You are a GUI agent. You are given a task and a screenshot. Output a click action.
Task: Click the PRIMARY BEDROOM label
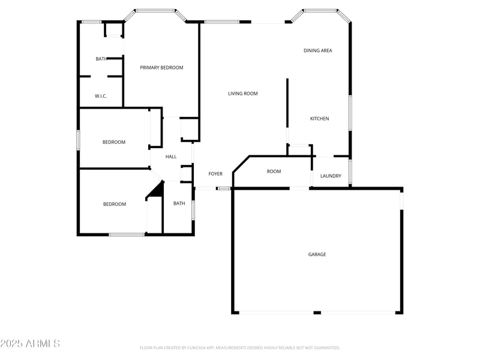pos(161,68)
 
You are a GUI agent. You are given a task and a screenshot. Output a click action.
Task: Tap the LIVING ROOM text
pos(242,94)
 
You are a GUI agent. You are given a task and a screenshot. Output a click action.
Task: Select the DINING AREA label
pos(317,51)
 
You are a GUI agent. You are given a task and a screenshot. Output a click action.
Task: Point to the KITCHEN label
pos(319,119)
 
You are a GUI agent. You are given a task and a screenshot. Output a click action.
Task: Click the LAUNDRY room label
pos(331,176)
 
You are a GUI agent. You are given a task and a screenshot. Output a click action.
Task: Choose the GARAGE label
pos(317,254)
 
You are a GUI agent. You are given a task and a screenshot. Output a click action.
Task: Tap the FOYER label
pos(215,174)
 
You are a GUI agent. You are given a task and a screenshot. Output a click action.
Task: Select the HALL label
pos(171,157)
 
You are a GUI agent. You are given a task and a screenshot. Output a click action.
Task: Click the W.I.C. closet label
pos(101,96)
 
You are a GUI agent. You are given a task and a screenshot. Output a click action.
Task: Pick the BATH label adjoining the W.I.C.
pos(101,59)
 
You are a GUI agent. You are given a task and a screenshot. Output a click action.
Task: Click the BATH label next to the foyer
pos(179,203)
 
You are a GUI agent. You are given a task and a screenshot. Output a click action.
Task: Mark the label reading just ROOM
pos(274,172)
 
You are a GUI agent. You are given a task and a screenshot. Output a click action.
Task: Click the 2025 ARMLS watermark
pos(30,344)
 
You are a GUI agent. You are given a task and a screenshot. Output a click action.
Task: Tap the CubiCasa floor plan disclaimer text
pos(240,347)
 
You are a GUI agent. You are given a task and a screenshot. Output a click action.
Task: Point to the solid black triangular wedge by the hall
pos(157,190)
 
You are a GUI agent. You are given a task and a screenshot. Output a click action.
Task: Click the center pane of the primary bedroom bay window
pos(155,10)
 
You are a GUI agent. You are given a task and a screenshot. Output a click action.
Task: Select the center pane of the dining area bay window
pos(320,10)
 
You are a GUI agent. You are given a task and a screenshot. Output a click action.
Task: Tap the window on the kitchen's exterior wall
pos(350,112)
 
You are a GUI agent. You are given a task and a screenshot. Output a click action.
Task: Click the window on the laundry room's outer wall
pos(350,171)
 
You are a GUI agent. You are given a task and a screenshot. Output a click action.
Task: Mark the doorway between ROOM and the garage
pos(299,188)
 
